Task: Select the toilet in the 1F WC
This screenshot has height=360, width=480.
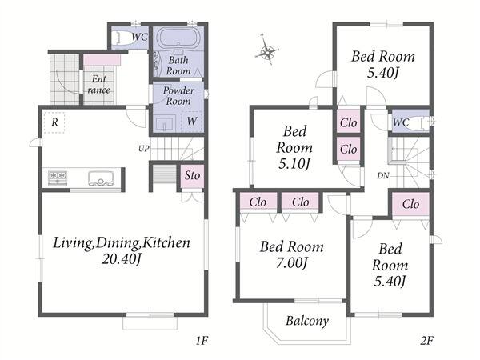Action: (x=120, y=38)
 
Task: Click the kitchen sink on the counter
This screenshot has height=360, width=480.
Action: (x=101, y=178)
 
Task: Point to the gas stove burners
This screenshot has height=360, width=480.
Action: (x=58, y=178)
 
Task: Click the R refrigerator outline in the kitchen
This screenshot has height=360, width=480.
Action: (x=54, y=122)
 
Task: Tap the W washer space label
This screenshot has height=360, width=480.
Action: (x=192, y=121)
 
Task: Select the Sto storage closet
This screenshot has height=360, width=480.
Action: (x=192, y=176)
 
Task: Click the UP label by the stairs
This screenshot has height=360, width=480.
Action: (x=143, y=149)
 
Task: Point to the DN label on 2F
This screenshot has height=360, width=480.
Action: (x=383, y=176)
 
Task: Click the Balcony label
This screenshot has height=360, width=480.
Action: (x=307, y=321)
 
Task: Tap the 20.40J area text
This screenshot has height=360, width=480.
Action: (x=122, y=259)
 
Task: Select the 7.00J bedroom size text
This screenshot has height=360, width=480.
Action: (x=291, y=263)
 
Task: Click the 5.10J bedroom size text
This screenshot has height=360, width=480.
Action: (x=294, y=164)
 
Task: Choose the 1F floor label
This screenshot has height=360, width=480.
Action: (x=202, y=341)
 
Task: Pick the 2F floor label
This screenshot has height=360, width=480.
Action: (x=426, y=341)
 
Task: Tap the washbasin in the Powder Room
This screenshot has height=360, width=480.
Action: (x=165, y=123)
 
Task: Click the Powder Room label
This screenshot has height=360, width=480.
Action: (x=178, y=96)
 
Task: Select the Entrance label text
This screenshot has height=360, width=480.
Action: (x=99, y=85)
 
